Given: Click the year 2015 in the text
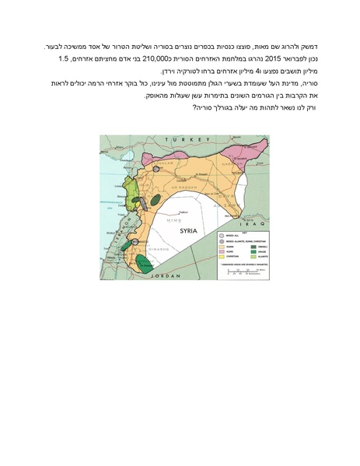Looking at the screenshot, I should point(276,58).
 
